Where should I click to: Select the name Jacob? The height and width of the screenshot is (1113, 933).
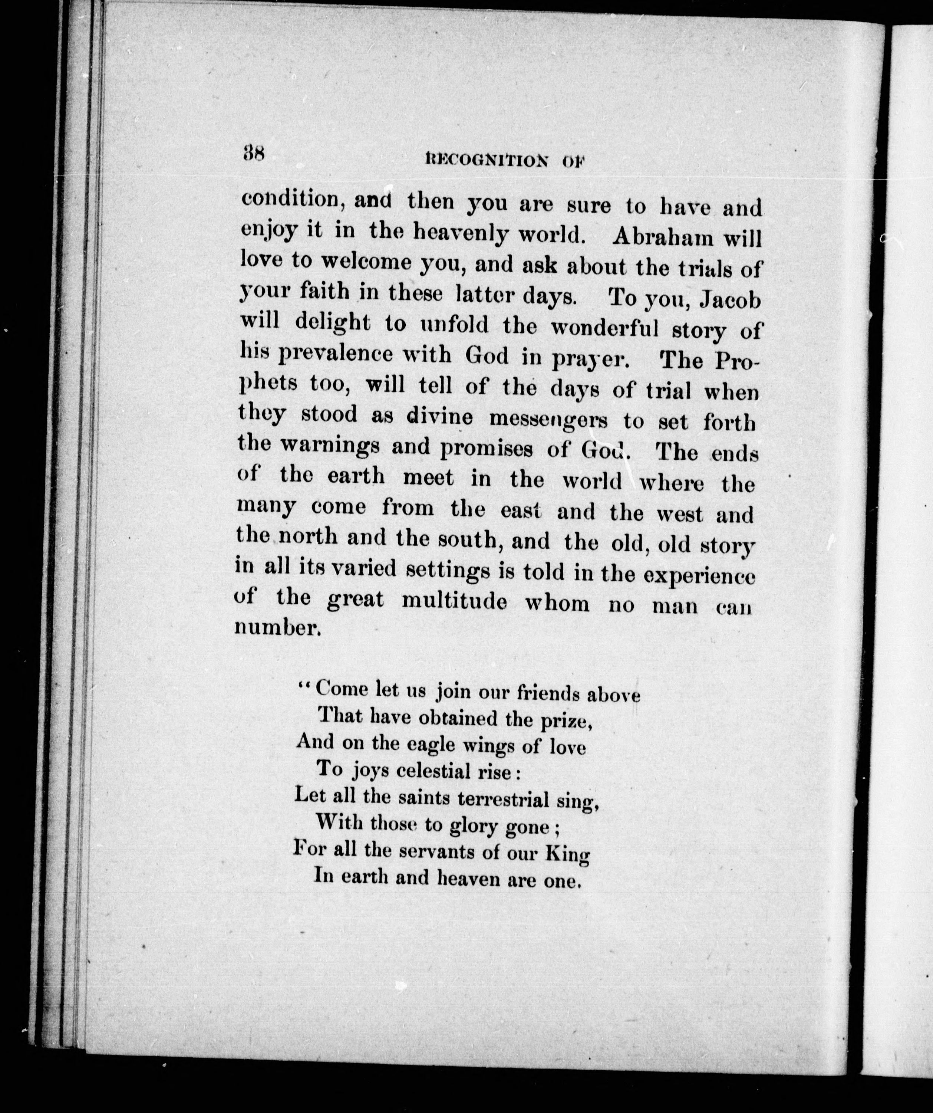730,300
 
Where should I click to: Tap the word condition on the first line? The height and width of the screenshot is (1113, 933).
290,199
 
